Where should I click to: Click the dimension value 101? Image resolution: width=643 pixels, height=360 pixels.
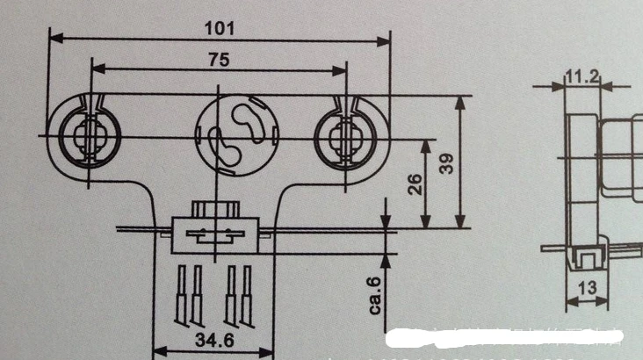pos(220,27)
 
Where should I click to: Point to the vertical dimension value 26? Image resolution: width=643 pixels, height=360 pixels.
pos(415,184)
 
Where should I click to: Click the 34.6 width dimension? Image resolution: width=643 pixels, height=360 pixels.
pos(215,341)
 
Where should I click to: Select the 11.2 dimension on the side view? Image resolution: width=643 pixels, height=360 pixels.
pos(582,77)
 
